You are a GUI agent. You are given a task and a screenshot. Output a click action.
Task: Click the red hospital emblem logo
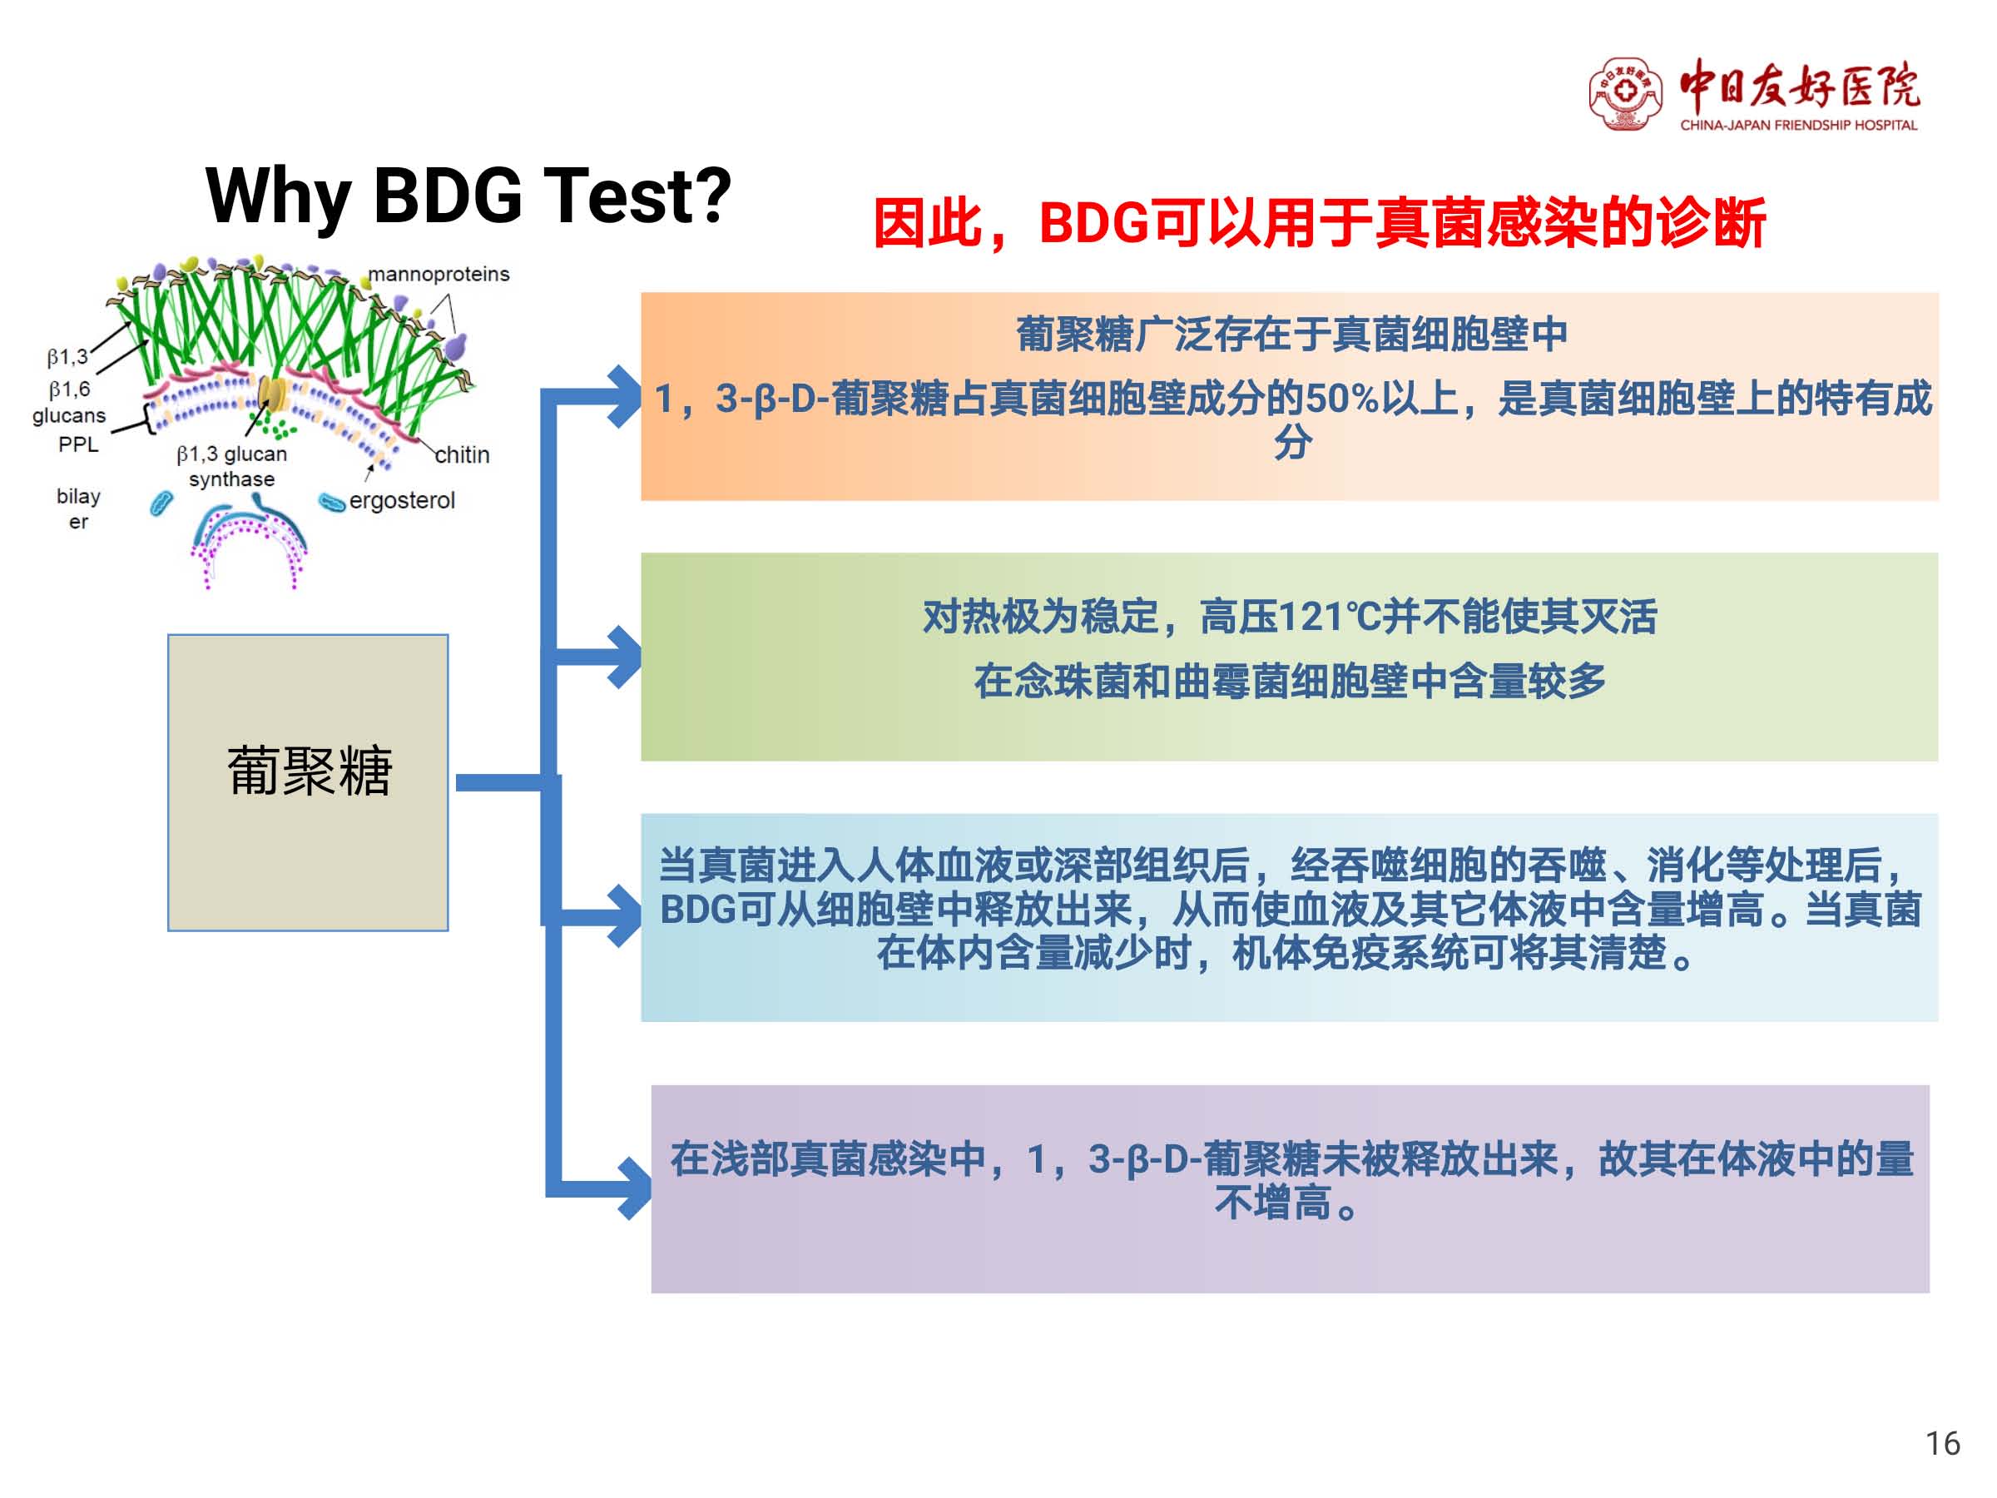coord(1625,93)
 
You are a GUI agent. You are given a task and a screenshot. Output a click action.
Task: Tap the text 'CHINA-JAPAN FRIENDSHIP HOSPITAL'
coord(1798,125)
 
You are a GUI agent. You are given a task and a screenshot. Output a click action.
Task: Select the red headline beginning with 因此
coord(1319,223)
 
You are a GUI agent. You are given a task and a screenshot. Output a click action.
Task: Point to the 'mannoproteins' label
coord(439,274)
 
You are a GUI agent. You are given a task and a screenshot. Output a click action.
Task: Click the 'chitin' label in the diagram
coord(463,454)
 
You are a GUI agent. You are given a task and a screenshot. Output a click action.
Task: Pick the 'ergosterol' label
coord(402,500)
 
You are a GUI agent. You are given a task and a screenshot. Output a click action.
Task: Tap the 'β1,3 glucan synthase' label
coord(232,466)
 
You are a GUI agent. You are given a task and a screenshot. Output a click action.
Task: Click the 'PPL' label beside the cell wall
coord(78,444)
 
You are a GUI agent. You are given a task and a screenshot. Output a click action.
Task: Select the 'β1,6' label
coord(70,389)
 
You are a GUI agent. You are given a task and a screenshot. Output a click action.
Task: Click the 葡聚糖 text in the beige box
coord(309,771)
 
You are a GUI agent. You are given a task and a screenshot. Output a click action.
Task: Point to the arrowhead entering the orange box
coord(625,396)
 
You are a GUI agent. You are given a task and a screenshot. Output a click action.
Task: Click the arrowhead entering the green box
coord(625,657)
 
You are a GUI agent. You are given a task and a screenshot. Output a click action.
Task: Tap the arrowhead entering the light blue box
coord(625,916)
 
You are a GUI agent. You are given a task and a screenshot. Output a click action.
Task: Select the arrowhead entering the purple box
coord(635,1188)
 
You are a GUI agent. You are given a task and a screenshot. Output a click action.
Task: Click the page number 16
coord(1943,1443)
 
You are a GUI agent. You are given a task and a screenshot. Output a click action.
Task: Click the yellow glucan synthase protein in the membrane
coord(273,394)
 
